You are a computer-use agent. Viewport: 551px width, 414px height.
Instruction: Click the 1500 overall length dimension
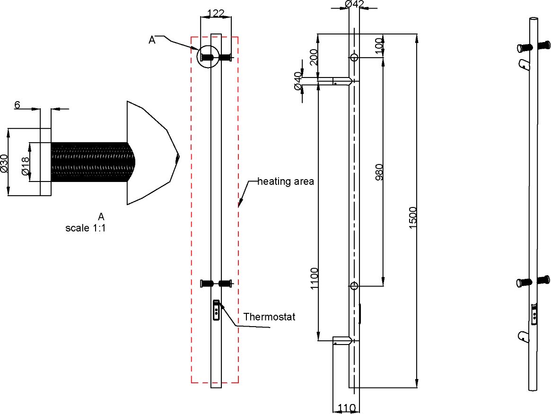[413, 218]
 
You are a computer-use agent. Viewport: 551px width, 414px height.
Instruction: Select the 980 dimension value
[379, 173]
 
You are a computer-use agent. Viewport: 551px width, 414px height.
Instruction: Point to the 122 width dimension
[216, 14]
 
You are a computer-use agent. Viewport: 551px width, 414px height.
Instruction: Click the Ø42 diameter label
[354, 4]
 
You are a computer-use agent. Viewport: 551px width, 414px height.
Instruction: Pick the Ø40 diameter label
[297, 81]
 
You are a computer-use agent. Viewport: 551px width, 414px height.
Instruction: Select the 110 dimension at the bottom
[347, 407]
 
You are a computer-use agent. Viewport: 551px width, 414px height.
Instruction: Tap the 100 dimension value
[379, 46]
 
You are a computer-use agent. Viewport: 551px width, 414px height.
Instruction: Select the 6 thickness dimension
[17, 105]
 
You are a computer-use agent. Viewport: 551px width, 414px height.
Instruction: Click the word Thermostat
[269, 317]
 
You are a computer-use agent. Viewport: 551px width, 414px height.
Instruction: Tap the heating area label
[286, 181]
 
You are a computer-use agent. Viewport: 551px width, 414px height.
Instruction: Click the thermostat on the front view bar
[217, 310]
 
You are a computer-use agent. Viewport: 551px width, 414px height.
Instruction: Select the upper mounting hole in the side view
[354, 58]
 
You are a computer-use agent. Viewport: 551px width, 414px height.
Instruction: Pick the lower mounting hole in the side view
[354, 285]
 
